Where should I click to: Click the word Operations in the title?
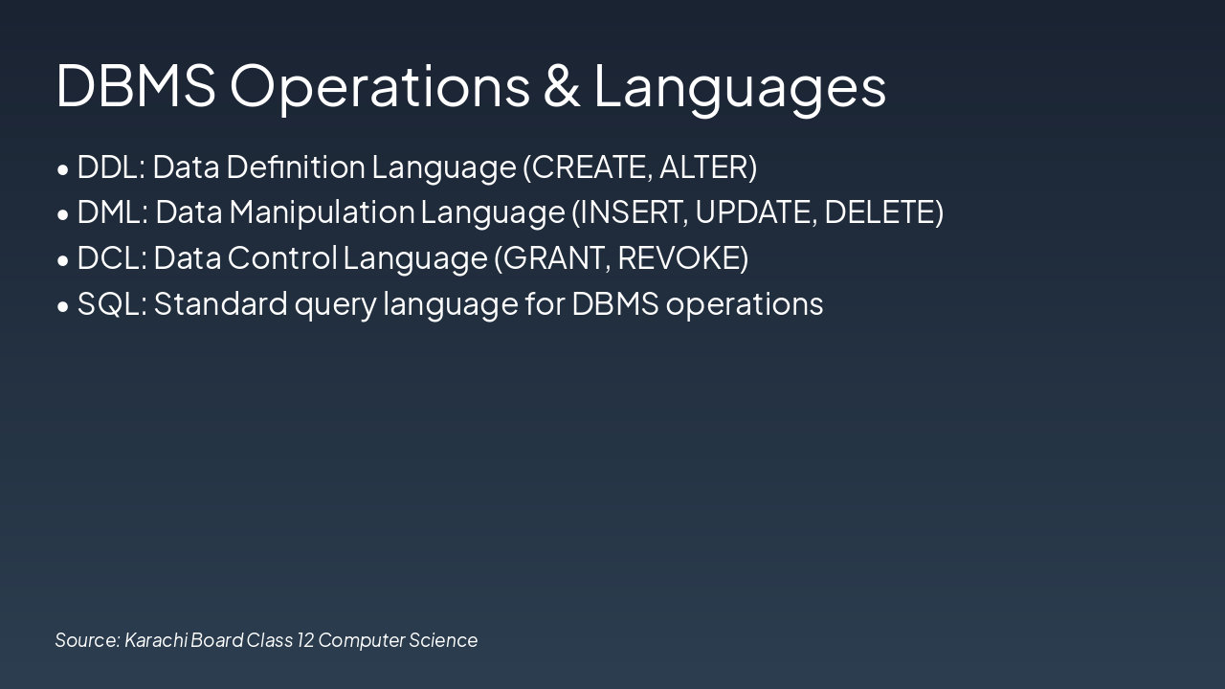(380, 85)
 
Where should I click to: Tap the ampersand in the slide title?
(562, 85)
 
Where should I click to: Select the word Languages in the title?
(740, 85)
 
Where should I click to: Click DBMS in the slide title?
(136, 85)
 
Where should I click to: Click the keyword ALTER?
(703, 167)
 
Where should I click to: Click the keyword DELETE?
(879, 211)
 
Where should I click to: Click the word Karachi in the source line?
(156, 639)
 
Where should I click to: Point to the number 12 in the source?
(304, 639)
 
